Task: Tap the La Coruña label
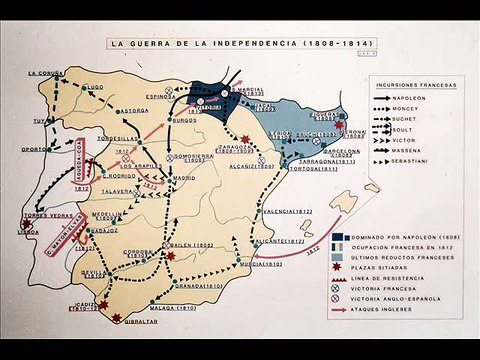[x=46, y=73]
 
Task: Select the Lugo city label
[x=96, y=87]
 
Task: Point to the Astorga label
[x=134, y=110]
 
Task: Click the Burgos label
[x=184, y=120]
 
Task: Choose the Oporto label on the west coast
[x=35, y=149]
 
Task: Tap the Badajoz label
[x=103, y=231]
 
